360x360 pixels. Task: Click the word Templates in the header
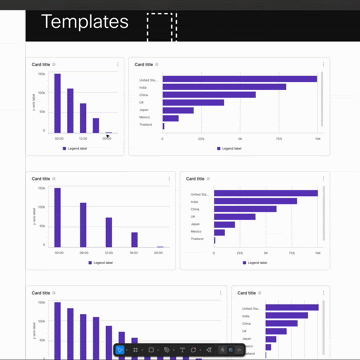pos(85,21)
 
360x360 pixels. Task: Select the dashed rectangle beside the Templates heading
pos(160,26)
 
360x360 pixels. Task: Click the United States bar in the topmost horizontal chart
pos(240,79)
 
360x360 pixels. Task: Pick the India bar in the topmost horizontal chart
pos(224,87)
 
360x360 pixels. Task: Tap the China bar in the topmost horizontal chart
pos(209,95)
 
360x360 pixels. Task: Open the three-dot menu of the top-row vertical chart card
pos(118,64)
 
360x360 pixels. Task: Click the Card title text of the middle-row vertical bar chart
pos(41,178)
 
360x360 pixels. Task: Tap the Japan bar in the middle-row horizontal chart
pos(225,225)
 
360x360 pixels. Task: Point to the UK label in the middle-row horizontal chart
pos(194,216)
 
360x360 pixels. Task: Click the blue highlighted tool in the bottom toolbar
pos(121,350)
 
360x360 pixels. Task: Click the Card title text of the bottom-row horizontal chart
pos(248,293)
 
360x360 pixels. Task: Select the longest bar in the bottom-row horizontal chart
pos(293,308)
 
